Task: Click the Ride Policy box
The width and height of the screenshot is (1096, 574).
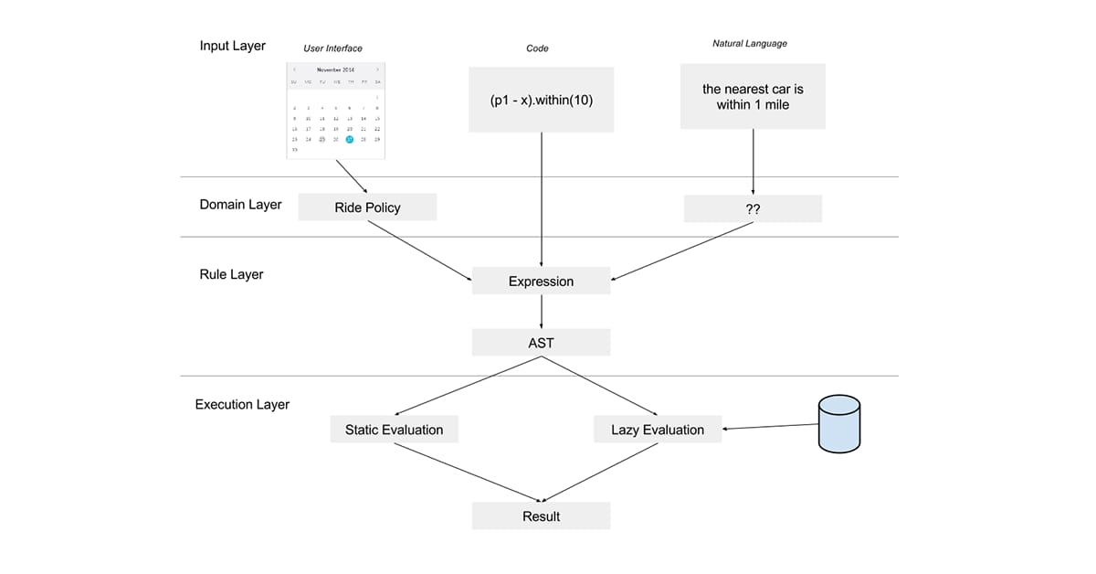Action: tap(367, 207)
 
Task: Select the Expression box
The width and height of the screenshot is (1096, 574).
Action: tap(541, 282)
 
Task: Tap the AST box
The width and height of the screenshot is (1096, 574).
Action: tap(541, 344)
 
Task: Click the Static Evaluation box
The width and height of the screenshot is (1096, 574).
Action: tap(394, 430)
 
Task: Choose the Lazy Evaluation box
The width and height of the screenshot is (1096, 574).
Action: tap(657, 430)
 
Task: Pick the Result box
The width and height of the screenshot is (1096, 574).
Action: tap(541, 516)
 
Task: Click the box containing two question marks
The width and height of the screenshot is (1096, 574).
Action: tap(753, 208)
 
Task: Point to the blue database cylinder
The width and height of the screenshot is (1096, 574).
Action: tap(840, 424)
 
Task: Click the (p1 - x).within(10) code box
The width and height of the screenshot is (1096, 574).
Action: tap(541, 99)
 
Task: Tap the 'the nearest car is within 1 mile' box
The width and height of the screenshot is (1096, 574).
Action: tap(753, 96)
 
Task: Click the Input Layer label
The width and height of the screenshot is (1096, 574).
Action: tap(233, 46)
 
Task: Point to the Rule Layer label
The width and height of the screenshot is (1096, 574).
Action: tap(231, 274)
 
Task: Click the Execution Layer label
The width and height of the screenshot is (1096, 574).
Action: tap(242, 404)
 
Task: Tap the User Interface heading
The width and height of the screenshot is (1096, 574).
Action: tap(332, 48)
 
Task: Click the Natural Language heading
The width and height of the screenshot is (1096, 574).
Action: tap(749, 43)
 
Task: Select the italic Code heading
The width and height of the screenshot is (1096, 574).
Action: tap(537, 48)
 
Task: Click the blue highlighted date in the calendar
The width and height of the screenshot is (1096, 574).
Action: tap(350, 139)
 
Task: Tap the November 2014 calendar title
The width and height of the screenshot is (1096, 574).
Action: tap(335, 69)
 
